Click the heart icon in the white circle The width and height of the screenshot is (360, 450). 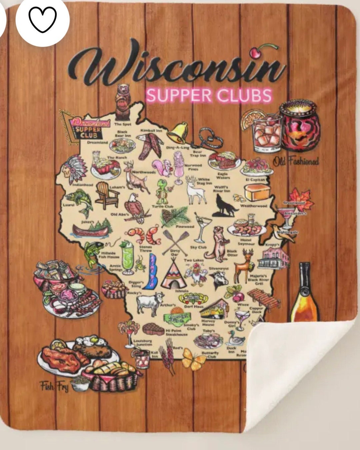pos(43,19)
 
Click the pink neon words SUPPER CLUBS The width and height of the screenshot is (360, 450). pos(209,95)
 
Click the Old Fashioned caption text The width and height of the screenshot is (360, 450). pos(296,162)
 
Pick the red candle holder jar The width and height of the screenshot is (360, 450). pos(300,126)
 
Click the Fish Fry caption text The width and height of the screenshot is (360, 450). pos(54,386)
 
